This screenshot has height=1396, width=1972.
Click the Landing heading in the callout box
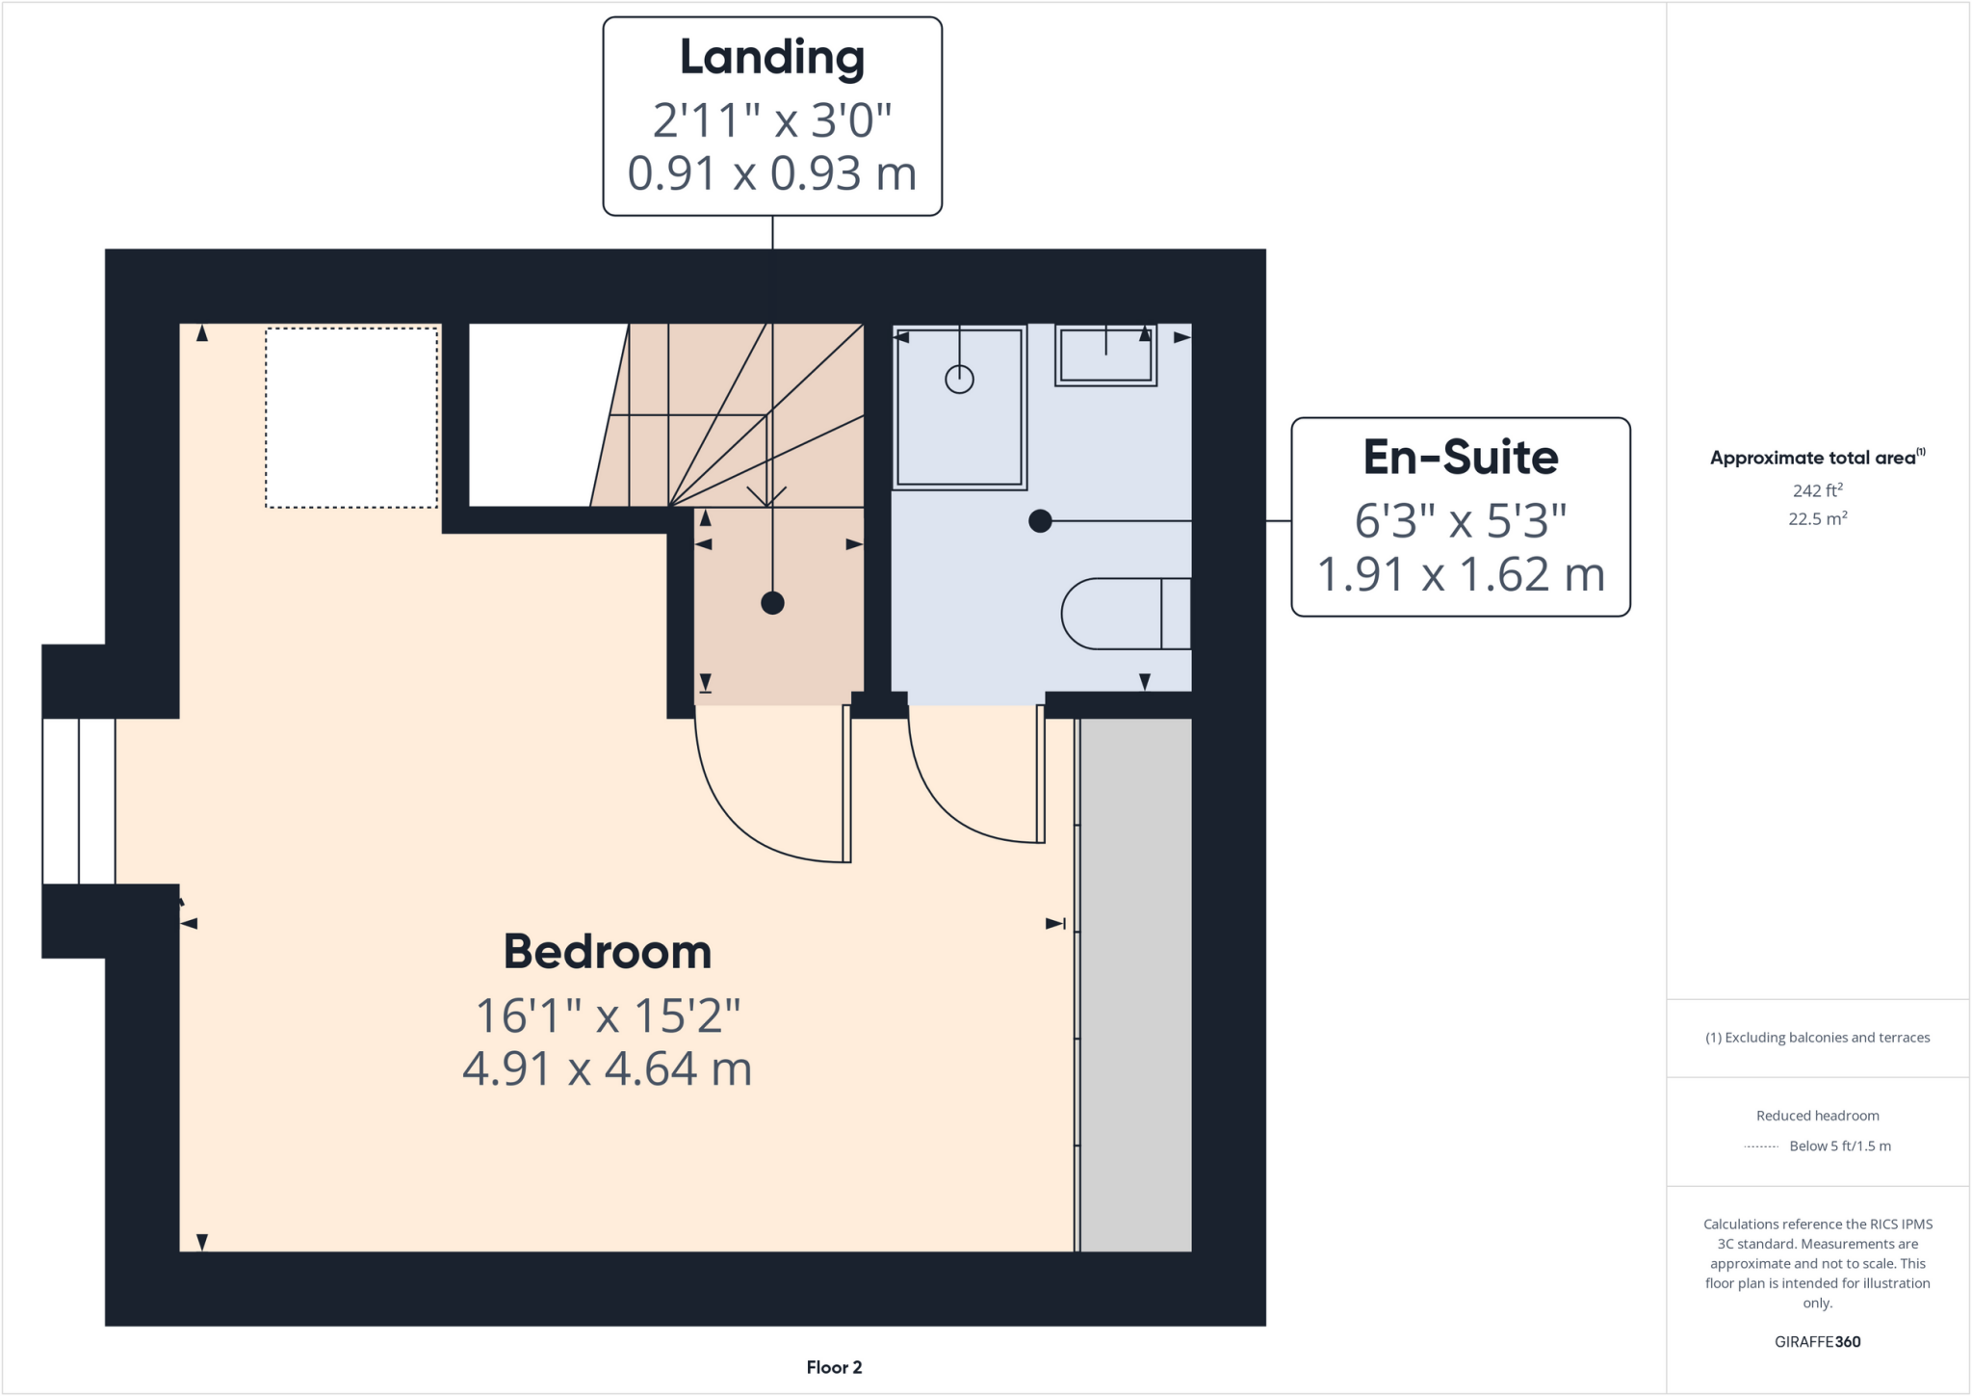point(772,58)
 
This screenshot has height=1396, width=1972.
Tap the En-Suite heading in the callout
point(1460,458)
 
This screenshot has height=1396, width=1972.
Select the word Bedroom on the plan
point(608,952)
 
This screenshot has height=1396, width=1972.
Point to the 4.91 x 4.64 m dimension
point(608,1068)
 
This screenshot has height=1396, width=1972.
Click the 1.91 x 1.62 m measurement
point(1460,574)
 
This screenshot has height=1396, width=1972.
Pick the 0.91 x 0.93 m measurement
point(772,173)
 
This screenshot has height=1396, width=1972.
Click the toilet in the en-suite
point(1125,614)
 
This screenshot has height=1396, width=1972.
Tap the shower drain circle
point(959,380)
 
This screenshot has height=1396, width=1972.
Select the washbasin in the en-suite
point(1105,356)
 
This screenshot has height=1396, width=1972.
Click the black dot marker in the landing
point(772,603)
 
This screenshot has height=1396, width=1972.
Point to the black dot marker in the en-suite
point(1040,521)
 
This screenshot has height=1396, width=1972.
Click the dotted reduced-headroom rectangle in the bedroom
point(351,417)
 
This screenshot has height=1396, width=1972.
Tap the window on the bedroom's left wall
point(79,801)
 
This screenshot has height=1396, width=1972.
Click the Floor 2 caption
point(834,1367)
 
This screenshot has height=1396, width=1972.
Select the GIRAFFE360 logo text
point(1817,1341)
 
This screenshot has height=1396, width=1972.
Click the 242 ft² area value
point(1817,490)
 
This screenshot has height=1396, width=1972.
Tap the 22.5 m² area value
point(1817,518)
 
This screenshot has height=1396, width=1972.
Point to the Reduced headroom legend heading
point(1817,1116)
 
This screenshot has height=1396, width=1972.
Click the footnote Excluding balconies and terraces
point(1817,1038)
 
